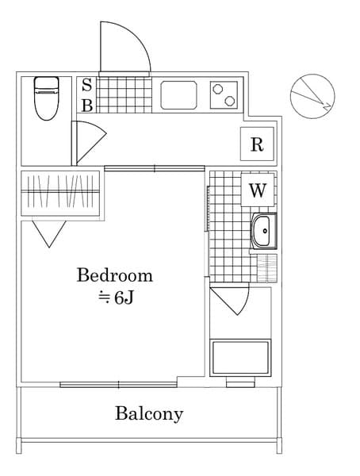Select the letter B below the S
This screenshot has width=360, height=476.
(87, 104)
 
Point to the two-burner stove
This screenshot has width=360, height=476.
(225, 95)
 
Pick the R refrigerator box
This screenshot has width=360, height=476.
(257, 144)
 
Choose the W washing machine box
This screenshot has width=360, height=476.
(257, 190)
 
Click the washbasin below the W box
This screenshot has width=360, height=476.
(262, 231)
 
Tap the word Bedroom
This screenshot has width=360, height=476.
(114, 275)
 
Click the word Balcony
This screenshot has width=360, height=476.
(149, 413)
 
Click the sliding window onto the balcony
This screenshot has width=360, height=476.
(118, 385)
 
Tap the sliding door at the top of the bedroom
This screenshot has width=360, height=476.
(154, 167)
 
